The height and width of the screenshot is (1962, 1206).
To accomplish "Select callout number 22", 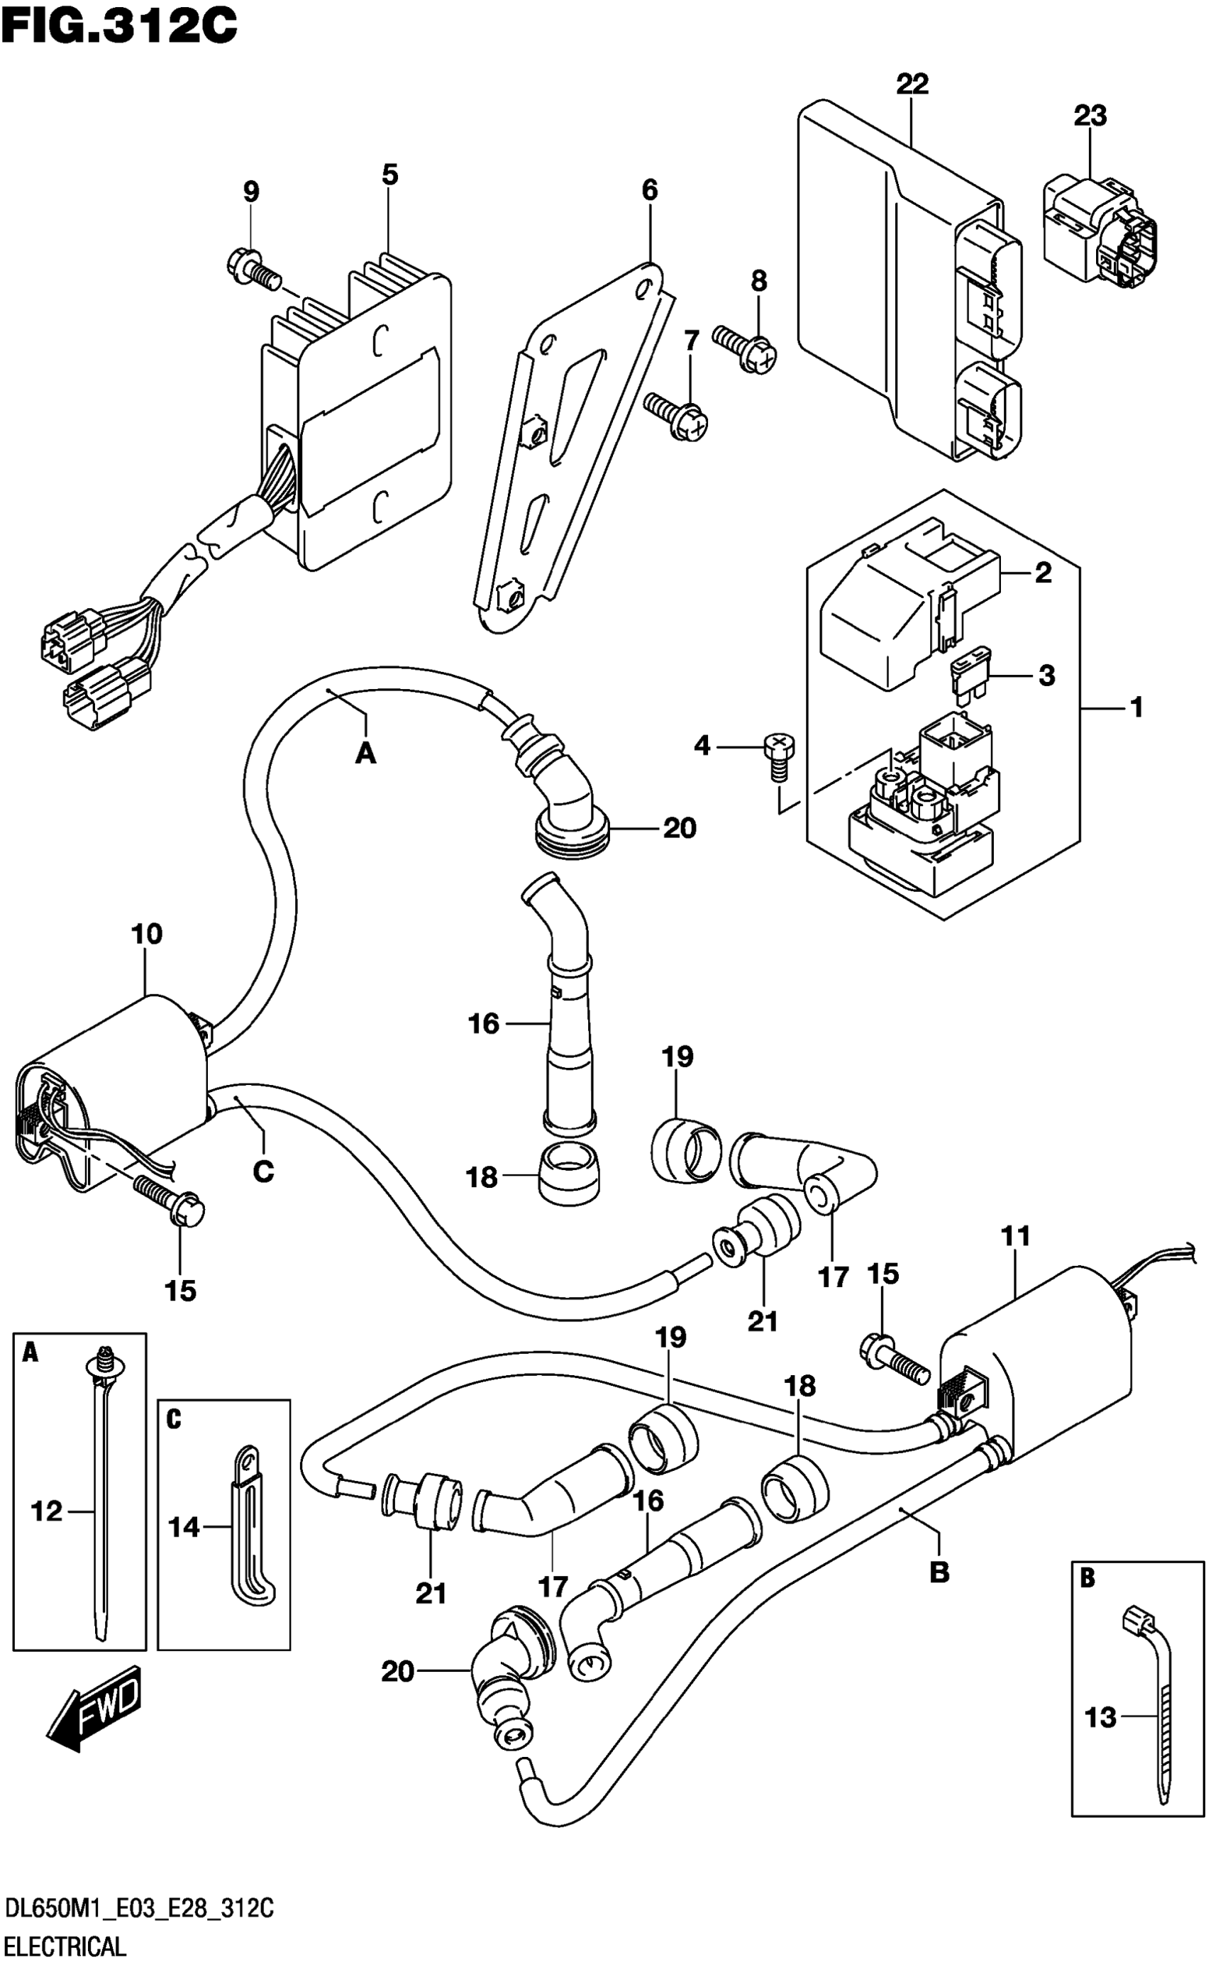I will point(912,84).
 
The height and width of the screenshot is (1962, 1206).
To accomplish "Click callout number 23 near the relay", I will point(1090,116).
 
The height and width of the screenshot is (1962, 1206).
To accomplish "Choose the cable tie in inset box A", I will point(101,1499).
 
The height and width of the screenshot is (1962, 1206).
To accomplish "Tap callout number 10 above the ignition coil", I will point(147,934).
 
